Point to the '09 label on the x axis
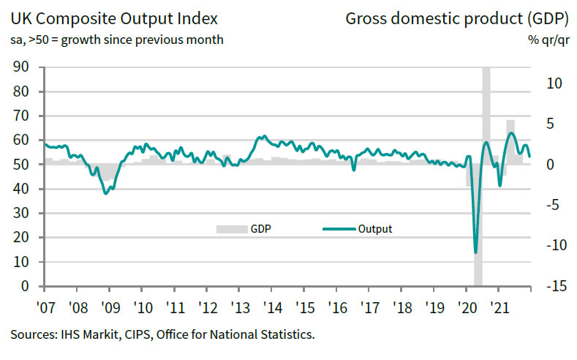109,307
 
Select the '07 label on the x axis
45,307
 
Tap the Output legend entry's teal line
339,229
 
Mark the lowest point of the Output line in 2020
476,252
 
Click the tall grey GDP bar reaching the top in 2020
486,110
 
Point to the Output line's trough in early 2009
107,193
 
